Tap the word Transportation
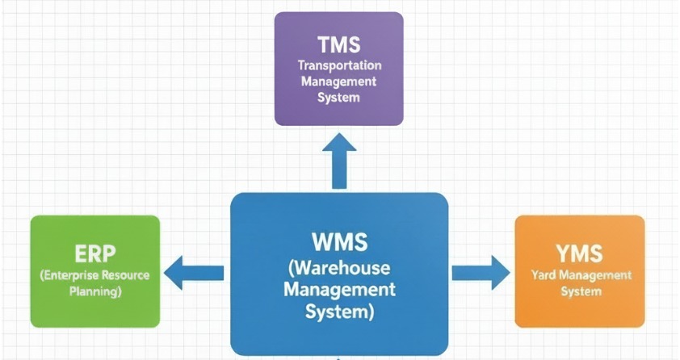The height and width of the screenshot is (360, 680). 339,65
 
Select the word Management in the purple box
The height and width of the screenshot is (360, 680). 339,82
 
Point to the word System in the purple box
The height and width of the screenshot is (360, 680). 339,98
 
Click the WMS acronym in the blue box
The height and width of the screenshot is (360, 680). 339,242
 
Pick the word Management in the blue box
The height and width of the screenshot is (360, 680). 339,288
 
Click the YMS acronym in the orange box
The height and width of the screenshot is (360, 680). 579,253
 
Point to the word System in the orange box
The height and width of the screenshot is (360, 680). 579,291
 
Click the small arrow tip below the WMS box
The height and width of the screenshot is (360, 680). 339,357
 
